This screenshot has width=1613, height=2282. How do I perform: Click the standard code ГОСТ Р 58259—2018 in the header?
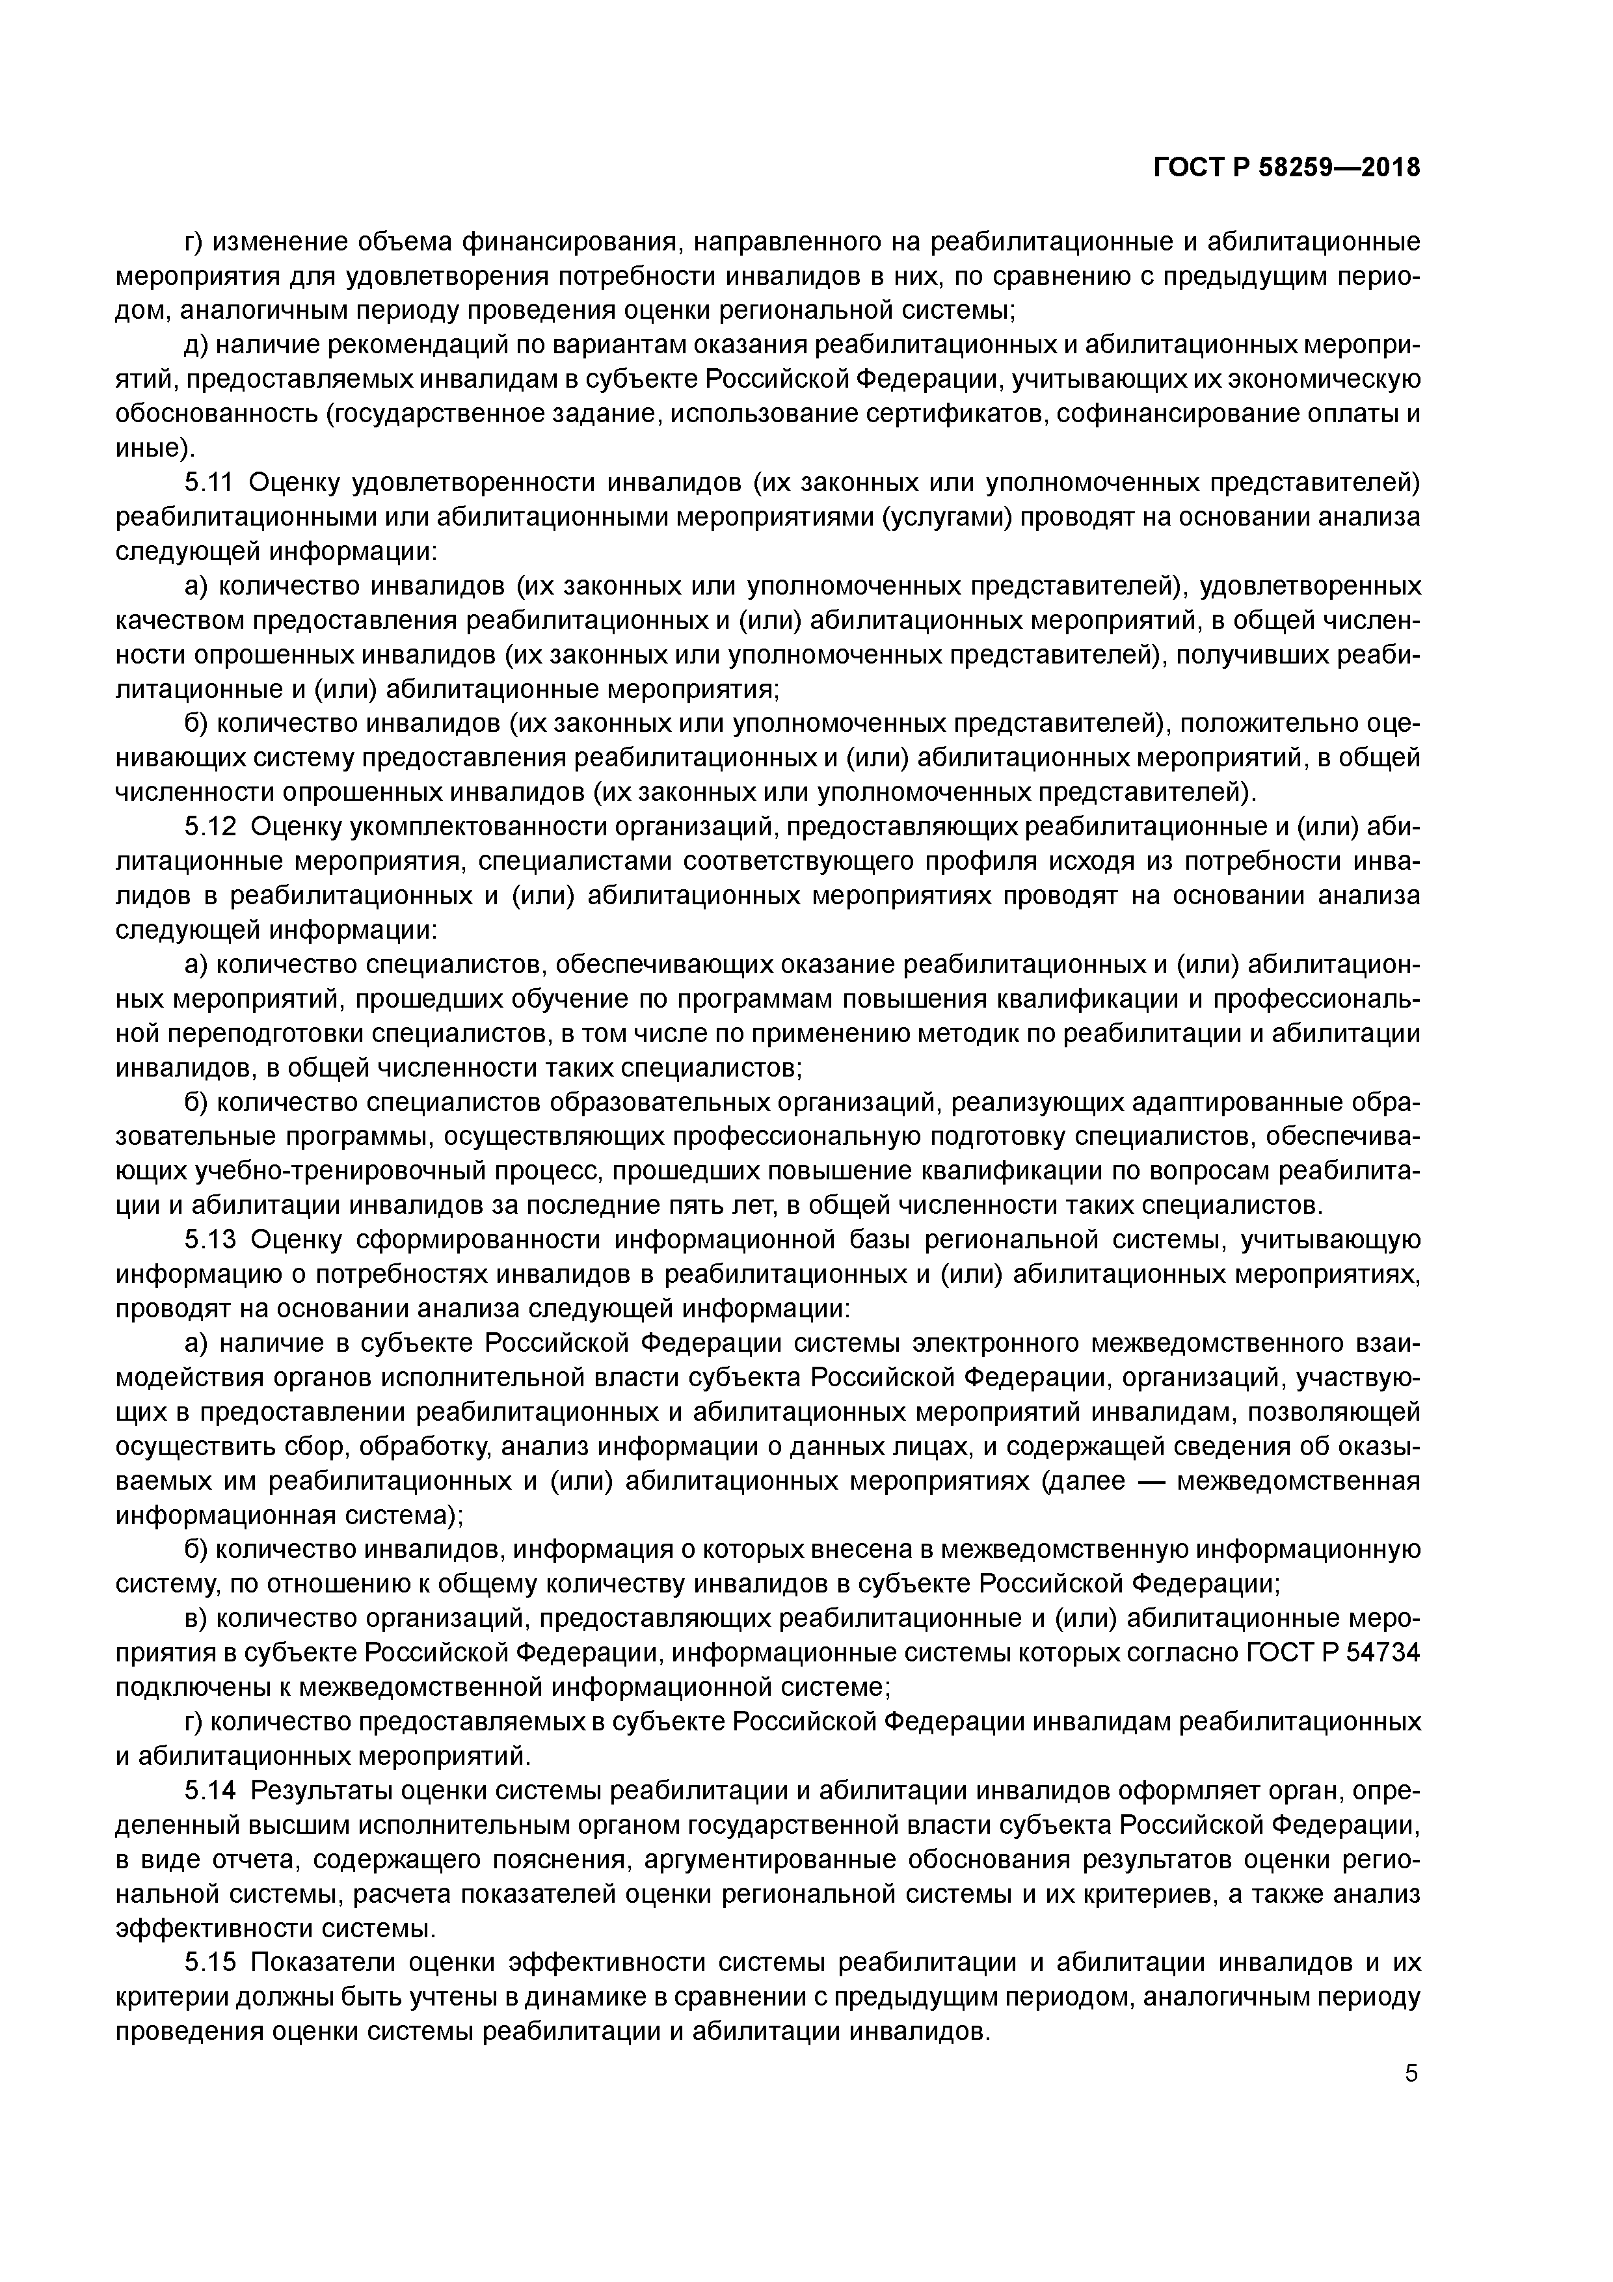(1287, 169)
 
